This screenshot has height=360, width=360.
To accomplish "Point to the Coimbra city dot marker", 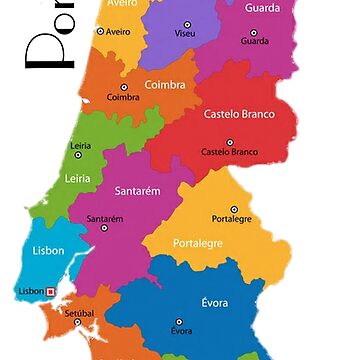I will pyautogui.click(x=123, y=86).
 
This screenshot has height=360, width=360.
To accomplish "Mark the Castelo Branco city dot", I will pyautogui.click(x=229, y=142).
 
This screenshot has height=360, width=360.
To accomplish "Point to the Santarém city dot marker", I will pyautogui.click(x=105, y=207).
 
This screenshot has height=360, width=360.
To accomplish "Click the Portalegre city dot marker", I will pyautogui.click(x=231, y=209).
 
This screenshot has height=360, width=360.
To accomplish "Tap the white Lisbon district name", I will pyautogui.click(x=47, y=251).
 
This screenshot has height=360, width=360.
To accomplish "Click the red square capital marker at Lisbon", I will pyautogui.click(x=51, y=292).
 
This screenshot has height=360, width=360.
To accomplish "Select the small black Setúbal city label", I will pyautogui.click(x=79, y=312).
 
